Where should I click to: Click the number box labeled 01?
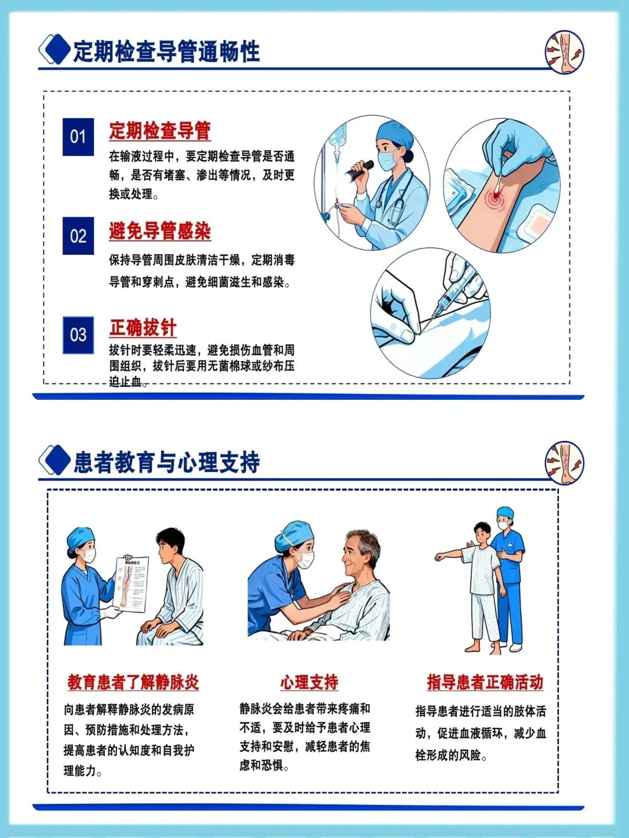pos(78,137)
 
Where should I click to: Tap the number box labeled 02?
pos(78,236)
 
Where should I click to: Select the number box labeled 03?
pos(78,335)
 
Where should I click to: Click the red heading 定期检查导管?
pos(160,130)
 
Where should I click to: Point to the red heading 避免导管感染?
pos(160,230)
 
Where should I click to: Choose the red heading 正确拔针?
pos(143,328)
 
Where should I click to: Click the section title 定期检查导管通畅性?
pos(167,51)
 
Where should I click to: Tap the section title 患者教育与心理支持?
pos(167,462)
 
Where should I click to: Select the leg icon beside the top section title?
pos(564,52)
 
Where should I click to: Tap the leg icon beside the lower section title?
pos(564,463)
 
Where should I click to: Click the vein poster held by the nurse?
pos(130,584)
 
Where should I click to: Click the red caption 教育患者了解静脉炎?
pos(133,682)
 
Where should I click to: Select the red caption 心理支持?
pos(309,682)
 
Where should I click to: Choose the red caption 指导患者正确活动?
pos(485,682)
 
